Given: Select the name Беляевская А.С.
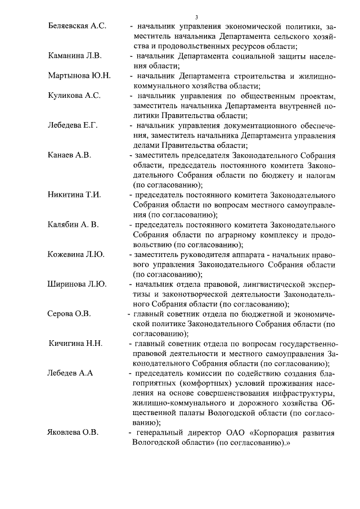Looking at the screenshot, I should click(77, 26).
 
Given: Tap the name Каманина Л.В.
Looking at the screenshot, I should click(74, 57).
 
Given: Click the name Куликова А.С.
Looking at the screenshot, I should click(74, 96).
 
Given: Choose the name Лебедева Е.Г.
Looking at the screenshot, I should click(73, 125).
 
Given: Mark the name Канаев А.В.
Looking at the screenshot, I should click(69, 155).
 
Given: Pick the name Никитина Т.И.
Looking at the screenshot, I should click(74, 195).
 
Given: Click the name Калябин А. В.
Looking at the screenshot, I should click(73, 224).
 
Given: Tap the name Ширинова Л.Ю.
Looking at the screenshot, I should click(77, 284).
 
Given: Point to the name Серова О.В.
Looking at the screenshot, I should click(69, 313).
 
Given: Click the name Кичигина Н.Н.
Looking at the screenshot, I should click(76, 343).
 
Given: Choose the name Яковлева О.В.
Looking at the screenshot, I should click(73, 433).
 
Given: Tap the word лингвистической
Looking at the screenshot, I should click(264, 284).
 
